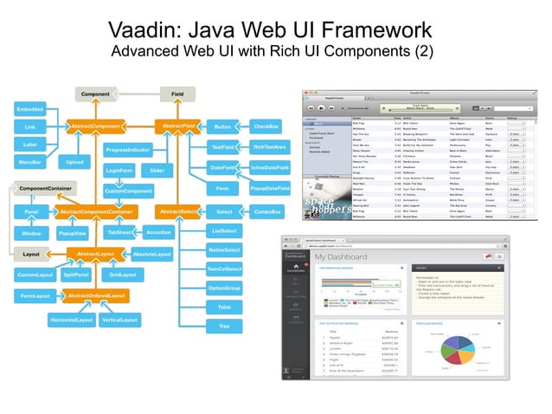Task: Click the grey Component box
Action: (x=95, y=93)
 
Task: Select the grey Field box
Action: (x=178, y=93)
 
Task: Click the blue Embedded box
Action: (x=30, y=110)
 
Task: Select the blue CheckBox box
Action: (x=265, y=126)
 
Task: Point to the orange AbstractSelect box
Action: (x=179, y=211)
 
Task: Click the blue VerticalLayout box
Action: (x=120, y=320)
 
